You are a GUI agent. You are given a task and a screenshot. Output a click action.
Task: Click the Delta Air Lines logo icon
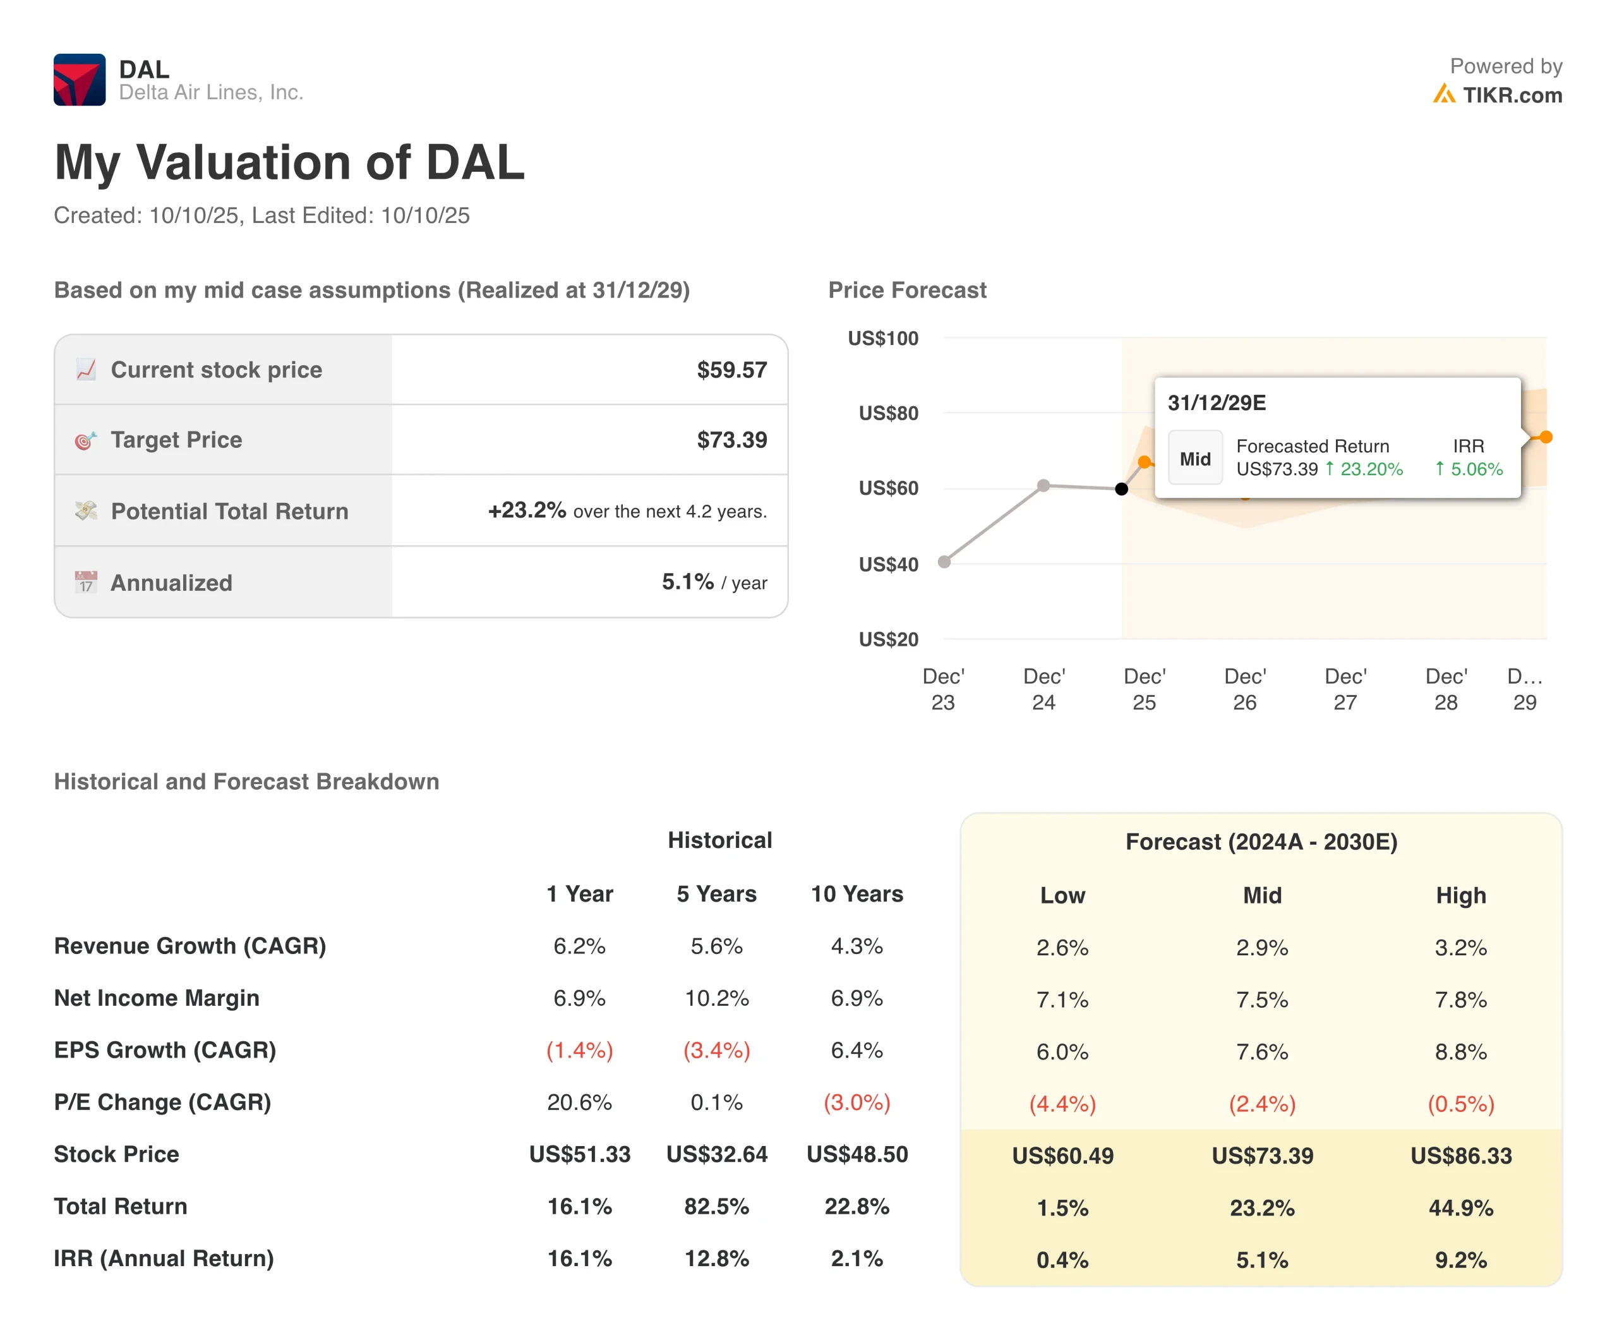(79, 80)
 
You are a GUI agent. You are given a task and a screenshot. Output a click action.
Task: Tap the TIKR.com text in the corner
(1512, 95)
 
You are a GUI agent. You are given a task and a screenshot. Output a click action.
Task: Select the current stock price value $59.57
(731, 370)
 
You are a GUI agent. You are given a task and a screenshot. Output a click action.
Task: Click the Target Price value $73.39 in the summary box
(731, 440)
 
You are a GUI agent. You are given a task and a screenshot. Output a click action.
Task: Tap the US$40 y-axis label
(888, 565)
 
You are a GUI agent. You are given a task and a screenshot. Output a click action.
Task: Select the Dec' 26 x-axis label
(1244, 689)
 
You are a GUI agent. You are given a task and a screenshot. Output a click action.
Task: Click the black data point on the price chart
(1121, 489)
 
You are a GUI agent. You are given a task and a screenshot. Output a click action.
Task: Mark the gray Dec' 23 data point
(945, 562)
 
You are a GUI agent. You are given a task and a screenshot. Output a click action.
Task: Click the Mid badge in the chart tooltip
(1195, 458)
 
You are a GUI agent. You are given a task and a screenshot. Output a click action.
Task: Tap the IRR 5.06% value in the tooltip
(1469, 469)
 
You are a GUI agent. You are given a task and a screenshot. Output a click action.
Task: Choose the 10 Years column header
(857, 893)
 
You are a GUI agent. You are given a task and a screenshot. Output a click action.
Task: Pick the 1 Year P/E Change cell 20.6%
(579, 1102)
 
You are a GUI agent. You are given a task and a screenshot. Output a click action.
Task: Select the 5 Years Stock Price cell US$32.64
(717, 1154)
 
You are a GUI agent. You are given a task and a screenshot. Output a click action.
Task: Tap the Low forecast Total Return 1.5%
(1062, 1208)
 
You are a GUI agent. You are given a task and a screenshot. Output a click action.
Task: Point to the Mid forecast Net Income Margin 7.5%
(1262, 1000)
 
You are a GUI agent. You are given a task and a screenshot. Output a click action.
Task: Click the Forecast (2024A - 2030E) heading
(1261, 842)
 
